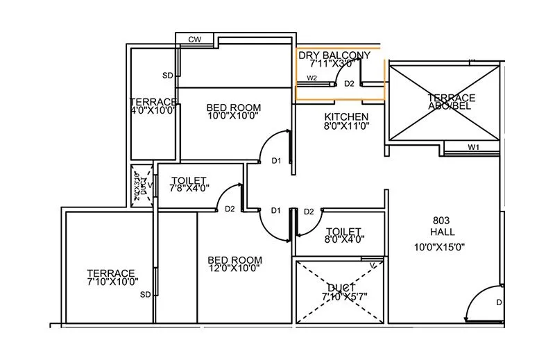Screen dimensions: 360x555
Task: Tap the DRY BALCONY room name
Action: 334,55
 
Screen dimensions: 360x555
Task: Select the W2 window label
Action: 311,78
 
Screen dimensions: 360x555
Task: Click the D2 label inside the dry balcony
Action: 349,83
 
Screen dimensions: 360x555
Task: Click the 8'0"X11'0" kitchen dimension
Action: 346,126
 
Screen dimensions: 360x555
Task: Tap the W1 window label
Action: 473,147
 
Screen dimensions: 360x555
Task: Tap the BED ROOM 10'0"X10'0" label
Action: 234,112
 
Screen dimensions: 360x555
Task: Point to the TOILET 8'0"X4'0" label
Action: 343,235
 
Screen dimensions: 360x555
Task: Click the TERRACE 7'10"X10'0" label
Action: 111,277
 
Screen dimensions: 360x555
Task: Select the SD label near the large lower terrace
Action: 146,295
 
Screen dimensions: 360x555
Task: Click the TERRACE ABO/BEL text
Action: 451,103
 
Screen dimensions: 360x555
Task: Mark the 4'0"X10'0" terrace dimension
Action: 153,110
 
